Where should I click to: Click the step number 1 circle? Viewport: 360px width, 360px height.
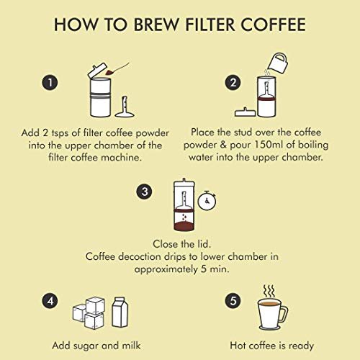50,83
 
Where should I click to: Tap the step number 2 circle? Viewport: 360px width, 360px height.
233,83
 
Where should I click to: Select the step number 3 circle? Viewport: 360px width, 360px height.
144,192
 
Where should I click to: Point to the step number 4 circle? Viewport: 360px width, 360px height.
50,301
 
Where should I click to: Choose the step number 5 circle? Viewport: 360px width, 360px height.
233,301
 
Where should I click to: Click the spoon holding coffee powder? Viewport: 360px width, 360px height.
117,68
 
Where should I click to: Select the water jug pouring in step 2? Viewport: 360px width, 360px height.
277,63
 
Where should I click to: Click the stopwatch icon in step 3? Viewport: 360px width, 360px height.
207,201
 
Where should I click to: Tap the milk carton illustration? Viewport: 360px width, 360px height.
120,312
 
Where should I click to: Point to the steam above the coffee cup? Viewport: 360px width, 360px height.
269,292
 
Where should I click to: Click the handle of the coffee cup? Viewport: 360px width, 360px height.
284,314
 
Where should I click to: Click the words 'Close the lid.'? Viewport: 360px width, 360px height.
181,244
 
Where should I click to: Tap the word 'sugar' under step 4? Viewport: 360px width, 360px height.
86,346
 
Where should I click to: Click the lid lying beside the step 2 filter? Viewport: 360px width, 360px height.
245,112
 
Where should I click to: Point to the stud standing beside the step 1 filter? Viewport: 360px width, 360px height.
125,107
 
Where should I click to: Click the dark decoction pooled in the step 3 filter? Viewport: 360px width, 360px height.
184,226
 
